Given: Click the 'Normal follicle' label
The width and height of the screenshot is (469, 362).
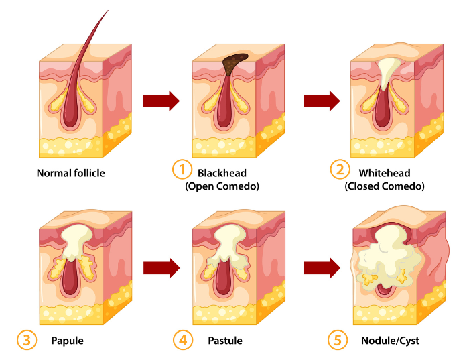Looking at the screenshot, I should click(x=70, y=173).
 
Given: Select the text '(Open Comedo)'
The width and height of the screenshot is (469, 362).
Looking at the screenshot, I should click(x=222, y=186).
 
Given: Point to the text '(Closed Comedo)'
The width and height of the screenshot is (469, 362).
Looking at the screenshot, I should click(x=385, y=186).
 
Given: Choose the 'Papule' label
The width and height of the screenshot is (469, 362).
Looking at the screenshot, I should click(x=68, y=341).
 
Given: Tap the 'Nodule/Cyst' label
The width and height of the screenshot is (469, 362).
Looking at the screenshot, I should click(x=388, y=341).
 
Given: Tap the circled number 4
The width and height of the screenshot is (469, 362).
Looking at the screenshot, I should click(x=183, y=340).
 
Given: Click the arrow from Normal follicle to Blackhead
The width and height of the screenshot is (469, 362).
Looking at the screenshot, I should click(x=161, y=101).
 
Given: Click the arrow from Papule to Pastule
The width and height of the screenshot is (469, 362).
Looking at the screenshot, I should click(x=161, y=268).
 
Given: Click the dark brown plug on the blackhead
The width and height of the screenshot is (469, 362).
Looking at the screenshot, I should click(x=233, y=63).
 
